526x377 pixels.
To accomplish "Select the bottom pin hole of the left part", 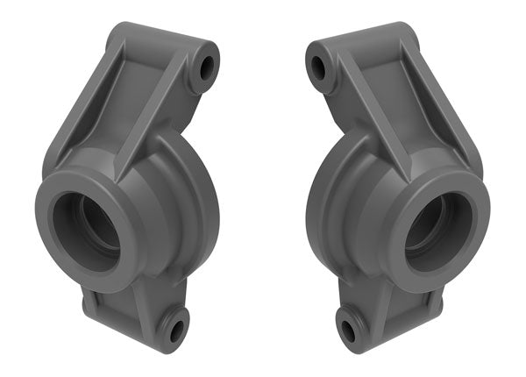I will tap(176, 331).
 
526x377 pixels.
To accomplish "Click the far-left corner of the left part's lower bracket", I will tap(85, 307).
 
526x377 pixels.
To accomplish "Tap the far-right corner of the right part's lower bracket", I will tap(440, 307).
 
